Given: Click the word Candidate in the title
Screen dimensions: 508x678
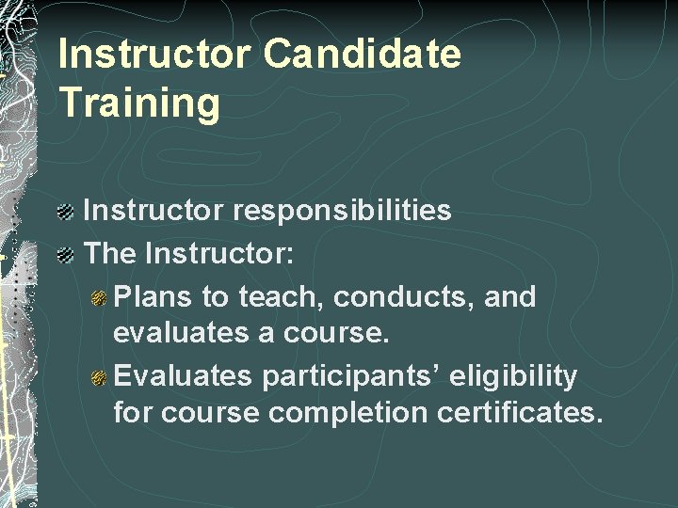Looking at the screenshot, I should pos(363,55).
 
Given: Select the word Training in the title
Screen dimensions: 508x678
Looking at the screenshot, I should pos(138,103).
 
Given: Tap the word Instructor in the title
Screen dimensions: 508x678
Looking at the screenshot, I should pos(153,55).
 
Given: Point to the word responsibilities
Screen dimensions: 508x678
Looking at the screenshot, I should pos(345,211).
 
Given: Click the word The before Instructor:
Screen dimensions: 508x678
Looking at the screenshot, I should pos(113,254).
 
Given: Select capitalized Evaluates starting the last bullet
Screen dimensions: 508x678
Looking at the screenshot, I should pos(183,377).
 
